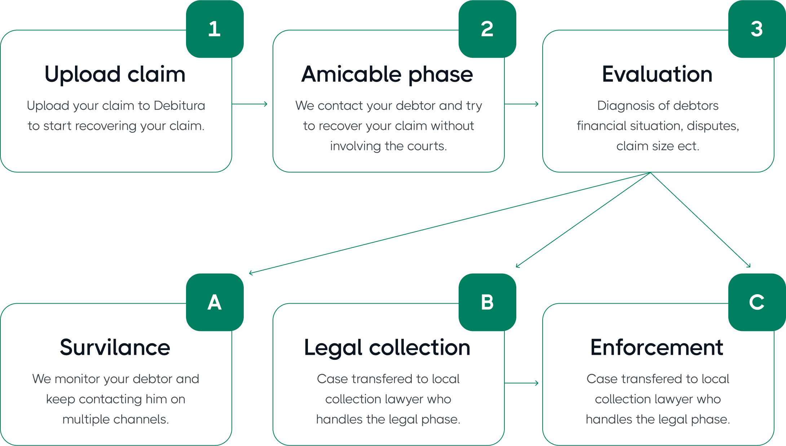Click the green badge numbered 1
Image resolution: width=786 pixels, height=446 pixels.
(x=215, y=29)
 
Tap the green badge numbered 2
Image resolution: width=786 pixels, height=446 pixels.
(x=487, y=29)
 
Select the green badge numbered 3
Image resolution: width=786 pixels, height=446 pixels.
(x=757, y=29)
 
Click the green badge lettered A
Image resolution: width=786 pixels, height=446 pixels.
(x=215, y=302)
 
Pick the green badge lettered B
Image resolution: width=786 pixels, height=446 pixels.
(x=487, y=302)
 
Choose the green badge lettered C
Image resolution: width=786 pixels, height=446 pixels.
(x=757, y=302)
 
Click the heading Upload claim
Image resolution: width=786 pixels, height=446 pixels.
(x=115, y=74)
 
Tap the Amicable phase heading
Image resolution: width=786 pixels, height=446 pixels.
(x=387, y=74)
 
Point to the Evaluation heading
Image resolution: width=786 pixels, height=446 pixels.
(x=657, y=74)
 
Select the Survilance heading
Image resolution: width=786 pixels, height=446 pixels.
(x=115, y=348)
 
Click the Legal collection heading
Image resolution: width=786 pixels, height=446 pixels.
(x=387, y=348)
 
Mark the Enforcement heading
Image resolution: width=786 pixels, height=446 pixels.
(x=657, y=348)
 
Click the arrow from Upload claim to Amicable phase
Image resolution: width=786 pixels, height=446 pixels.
(x=250, y=104)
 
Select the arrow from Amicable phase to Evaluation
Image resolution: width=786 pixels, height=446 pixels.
(x=522, y=104)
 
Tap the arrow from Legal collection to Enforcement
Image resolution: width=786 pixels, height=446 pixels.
(x=522, y=383)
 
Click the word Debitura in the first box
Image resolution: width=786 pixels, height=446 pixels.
(x=179, y=106)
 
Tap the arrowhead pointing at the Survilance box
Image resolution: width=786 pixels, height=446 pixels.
(x=251, y=273)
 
